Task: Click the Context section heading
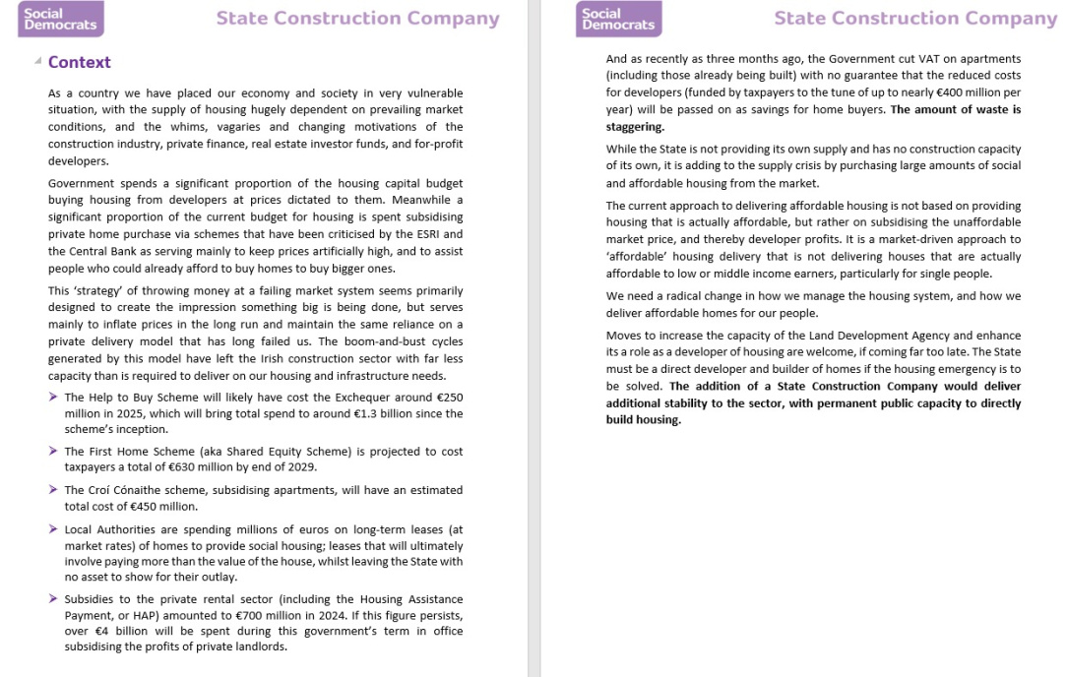click(x=79, y=62)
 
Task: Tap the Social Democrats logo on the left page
click(x=61, y=19)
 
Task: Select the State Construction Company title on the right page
click(x=915, y=19)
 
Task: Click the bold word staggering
click(x=634, y=126)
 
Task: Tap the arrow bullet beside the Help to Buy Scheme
click(x=53, y=397)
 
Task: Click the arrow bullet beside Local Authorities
click(x=53, y=529)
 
